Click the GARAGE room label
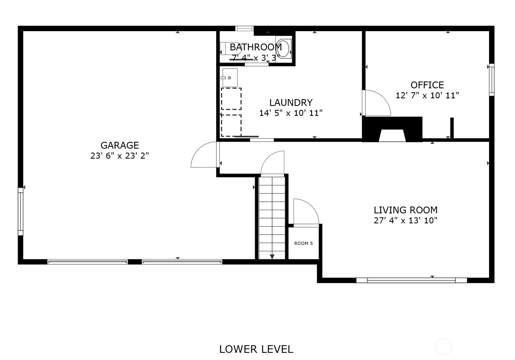pos(120,145)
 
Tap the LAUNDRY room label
pos(291,103)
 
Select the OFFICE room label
pos(427,85)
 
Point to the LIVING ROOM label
pos(406,210)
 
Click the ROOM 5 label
pos(304,243)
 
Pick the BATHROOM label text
pos(256,47)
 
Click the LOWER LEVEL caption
pos(257,349)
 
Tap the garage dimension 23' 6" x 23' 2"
pos(119,156)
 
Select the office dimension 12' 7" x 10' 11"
pos(427,95)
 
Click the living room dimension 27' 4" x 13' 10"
pos(406,220)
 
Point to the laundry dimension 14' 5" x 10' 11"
pos(291,113)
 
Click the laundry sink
pos(230,78)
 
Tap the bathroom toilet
pos(284,49)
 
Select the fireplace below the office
pos(392,129)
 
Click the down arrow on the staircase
pos(272,257)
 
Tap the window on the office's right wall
pos(491,80)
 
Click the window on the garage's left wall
pos(20,211)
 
